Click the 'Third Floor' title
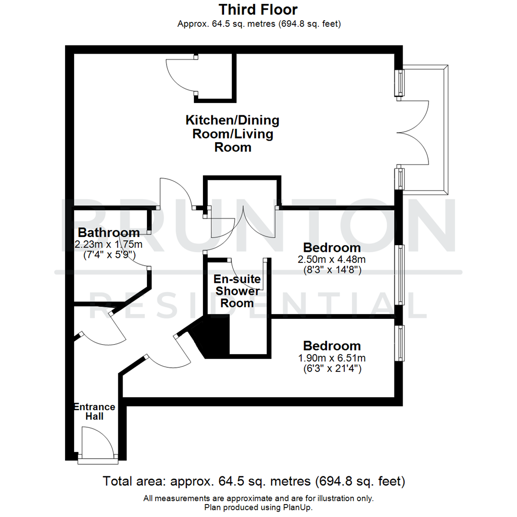258,10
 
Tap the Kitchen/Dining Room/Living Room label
233,134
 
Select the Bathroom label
109,233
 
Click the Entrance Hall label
94,412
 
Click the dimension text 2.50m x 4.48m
332,260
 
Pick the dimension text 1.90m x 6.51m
332,358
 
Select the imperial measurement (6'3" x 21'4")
332,369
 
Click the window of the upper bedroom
399,275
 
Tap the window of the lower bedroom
399,343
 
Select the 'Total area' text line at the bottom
254,481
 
